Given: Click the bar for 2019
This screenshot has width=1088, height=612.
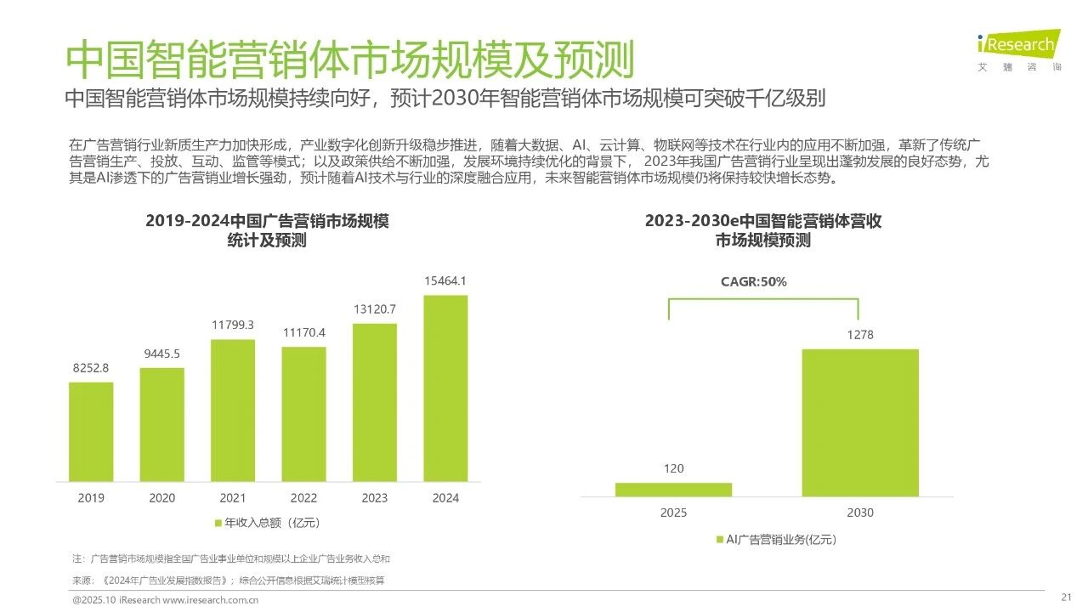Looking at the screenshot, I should pos(91,431).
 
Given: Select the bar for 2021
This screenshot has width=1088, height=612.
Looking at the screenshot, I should pos(233,410).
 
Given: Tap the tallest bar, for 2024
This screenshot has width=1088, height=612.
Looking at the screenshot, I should pos(445,388).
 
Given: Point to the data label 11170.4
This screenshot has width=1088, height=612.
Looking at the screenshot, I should pos(303,332).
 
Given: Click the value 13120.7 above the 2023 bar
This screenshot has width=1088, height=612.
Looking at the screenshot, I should pos(375,309).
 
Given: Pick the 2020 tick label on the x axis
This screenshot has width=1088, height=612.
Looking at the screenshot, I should pos(161,498).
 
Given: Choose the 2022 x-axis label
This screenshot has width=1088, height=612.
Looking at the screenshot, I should pos(303,498).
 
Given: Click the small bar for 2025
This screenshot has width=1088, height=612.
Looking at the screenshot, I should pos(673,490).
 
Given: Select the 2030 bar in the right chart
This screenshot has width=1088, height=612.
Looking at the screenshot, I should pos(860,422).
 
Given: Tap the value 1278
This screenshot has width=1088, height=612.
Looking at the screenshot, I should pos(860,335).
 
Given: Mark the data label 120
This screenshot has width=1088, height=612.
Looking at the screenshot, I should pos(673,468).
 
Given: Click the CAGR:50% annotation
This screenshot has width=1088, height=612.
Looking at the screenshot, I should pos(753,282).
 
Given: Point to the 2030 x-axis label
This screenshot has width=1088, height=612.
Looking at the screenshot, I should pos(860,513).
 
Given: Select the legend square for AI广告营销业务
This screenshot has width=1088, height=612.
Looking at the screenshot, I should pos(719,539).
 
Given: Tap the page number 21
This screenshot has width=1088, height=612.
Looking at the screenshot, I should pos(1067,596).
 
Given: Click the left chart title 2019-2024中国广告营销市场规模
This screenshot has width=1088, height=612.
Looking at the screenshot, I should pos(267,221).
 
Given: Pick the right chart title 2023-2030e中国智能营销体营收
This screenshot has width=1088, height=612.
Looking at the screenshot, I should pos(762,221).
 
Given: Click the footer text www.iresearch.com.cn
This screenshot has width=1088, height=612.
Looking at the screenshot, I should pos(210,600).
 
